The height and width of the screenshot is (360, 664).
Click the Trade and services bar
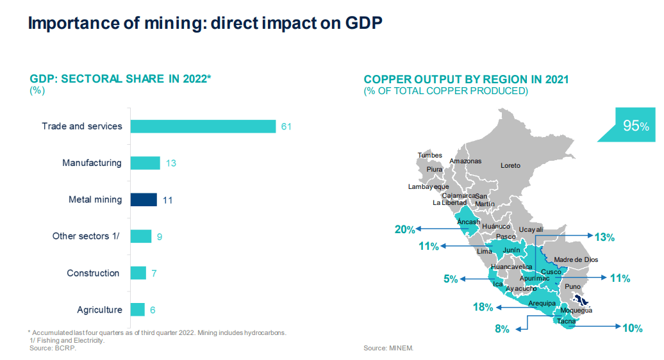click(x=203, y=126)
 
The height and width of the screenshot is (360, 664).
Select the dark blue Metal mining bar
click(x=144, y=200)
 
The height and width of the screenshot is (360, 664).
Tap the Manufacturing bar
click(x=145, y=163)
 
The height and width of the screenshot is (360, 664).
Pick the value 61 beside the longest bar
click(x=286, y=127)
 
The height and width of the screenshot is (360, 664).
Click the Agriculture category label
click(x=99, y=310)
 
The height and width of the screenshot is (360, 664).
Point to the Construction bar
click(x=138, y=274)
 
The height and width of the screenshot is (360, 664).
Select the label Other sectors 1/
click(x=87, y=236)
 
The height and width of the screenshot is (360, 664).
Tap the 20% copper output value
click(x=404, y=229)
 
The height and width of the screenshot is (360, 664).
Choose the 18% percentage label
click(x=483, y=307)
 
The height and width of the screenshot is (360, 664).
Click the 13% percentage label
click(x=604, y=238)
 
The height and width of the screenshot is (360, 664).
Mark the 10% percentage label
click(x=632, y=328)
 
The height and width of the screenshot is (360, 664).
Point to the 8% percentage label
click(x=502, y=329)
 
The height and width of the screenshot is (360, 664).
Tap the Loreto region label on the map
click(x=510, y=166)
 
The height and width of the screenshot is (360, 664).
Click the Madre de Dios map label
click(x=575, y=259)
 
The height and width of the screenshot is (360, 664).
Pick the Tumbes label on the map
click(x=429, y=156)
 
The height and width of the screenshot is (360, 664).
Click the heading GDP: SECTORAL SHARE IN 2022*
click(x=120, y=79)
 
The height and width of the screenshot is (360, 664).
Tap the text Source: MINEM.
click(x=388, y=348)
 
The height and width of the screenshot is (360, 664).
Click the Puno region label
click(x=573, y=286)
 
